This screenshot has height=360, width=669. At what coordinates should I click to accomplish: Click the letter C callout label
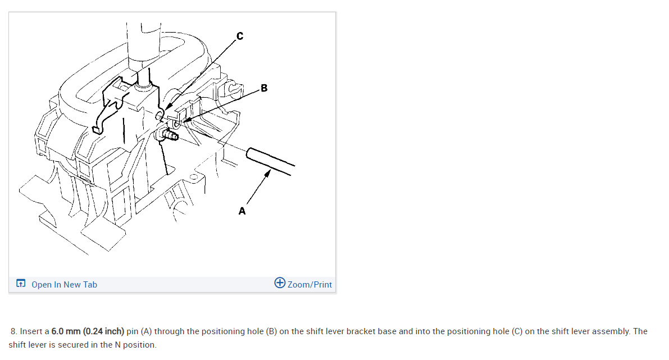tap(240, 37)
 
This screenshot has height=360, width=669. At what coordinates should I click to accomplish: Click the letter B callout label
tap(264, 88)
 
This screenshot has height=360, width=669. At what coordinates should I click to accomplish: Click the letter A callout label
tap(242, 211)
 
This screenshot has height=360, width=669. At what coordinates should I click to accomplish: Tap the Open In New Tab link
tap(64, 285)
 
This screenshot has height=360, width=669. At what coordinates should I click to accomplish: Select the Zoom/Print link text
tap(310, 285)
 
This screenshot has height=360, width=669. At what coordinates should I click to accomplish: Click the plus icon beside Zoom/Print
tap(280, 283)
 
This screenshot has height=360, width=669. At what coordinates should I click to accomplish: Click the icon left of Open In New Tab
tap(21, 283)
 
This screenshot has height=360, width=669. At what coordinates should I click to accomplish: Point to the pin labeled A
tap(270, 161)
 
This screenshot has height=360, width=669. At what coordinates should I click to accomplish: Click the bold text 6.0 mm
tap(66, 331)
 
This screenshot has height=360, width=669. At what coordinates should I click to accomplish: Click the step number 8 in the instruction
tap(14, 331)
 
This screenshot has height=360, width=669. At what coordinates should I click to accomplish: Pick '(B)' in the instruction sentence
tap(271, 331)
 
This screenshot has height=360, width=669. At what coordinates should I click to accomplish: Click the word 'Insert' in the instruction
tap(31, 331)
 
